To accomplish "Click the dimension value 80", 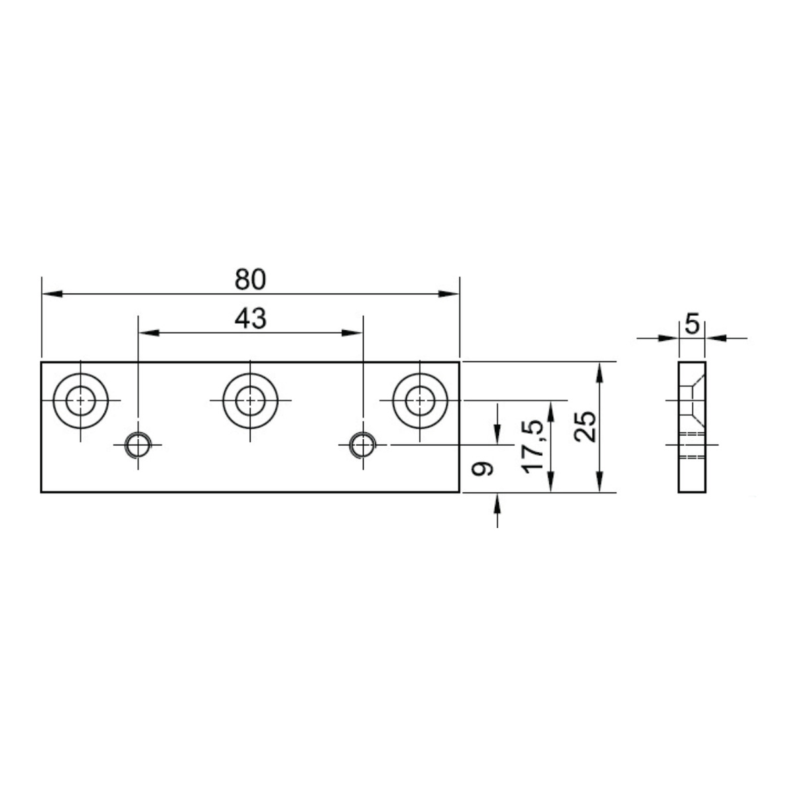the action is tap(250, 279).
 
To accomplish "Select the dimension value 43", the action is tap(250, 319).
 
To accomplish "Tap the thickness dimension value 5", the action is tap(693, 324).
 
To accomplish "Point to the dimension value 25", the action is tap(586, 427).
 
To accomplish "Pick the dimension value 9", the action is tap(482, 469).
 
